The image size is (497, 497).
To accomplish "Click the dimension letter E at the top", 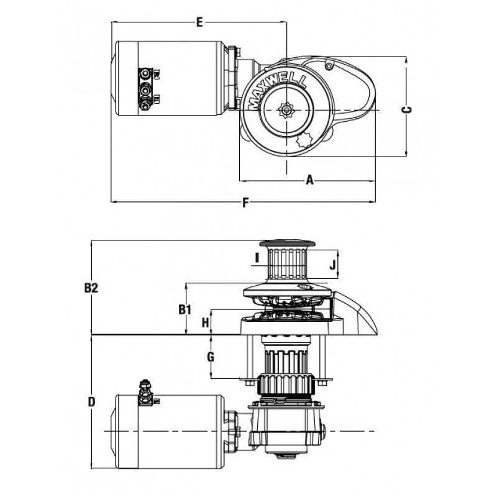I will pos(199,22).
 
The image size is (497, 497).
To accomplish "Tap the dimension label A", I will pos(309,181).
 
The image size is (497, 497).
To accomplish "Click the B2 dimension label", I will pos(92,288).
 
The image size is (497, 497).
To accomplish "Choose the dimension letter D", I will pos(91,402).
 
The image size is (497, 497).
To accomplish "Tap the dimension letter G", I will pos(211,357).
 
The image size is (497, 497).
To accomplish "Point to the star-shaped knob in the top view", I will pos(306,140).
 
